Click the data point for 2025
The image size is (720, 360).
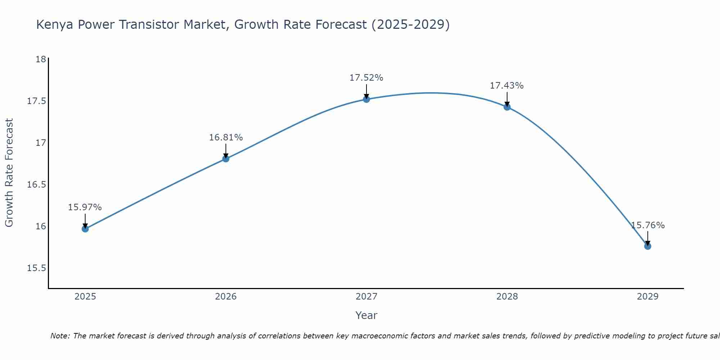[85, 229]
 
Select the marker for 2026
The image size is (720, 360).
[226, 158]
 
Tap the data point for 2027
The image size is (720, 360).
[366, 99]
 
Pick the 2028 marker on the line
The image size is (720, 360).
[507, 107]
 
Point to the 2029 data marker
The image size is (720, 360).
[647, 246]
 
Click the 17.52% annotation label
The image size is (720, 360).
[366, 78]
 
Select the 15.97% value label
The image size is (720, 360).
[85, 207]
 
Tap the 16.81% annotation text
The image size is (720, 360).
[226, 138]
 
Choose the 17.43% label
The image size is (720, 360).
[507, 86]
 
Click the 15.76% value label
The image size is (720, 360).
[648, 225]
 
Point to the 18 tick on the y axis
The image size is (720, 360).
[41, 59]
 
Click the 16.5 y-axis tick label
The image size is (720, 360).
[37, 185]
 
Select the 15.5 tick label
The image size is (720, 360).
[37, 268]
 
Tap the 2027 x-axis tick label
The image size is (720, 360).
[366, 297]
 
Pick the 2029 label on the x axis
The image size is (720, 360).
[647, 297]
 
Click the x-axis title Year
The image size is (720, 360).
[366, 315]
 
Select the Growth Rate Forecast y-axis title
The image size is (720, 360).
[9, 172]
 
